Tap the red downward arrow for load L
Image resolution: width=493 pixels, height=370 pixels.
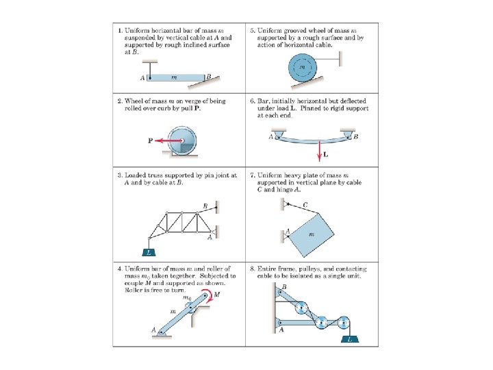click(x=318, y=147)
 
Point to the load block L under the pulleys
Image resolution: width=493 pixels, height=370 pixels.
click(x=350, y=338)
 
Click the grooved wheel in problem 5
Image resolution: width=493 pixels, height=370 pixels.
click(x=303, y=67)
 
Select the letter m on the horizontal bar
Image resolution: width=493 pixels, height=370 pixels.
click(x=174, y=77)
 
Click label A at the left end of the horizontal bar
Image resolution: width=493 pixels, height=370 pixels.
click(x=142, y=77)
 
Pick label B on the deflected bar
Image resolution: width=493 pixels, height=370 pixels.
click(x=356, y=136)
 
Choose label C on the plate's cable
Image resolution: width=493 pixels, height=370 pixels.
click(x=305, y=204)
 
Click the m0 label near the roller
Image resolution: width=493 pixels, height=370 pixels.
click(x=186, y=297)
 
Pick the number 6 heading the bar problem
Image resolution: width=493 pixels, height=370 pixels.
click(x=253, y=101)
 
